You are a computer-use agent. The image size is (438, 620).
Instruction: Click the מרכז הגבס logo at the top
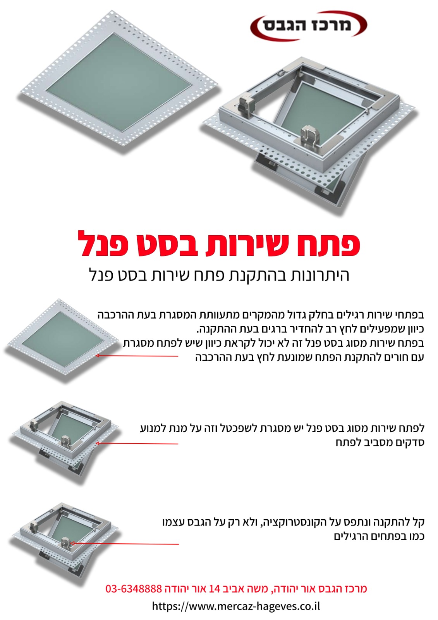pyautogui.click(x=309, y=25)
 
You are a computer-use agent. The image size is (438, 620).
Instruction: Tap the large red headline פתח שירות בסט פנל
pyautogui.click(x=219, y=244)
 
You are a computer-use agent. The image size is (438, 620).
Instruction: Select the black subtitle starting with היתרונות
pyautogui.click(x=219, y=275)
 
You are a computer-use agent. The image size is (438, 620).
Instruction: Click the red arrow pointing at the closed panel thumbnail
pyautogui.click(x=137, y=356)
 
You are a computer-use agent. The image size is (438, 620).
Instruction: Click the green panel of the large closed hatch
pyautogui.click(x=119, y=82)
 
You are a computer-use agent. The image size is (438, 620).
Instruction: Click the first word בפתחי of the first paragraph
pyautogui.click(x=411, y=315)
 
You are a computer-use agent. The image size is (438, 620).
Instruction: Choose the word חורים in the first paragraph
pyautogui.click(x=390, y=357)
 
